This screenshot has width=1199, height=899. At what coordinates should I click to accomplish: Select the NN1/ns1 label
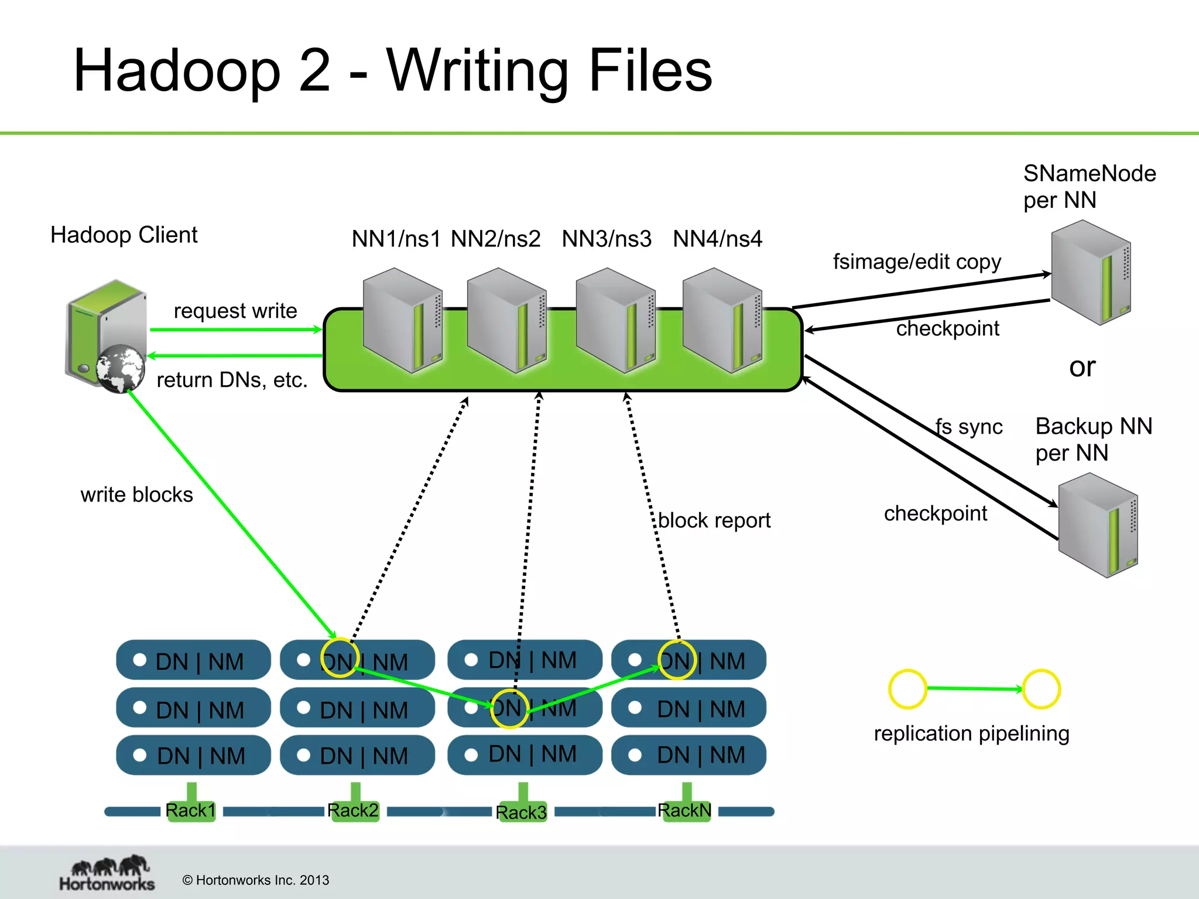(396, 239)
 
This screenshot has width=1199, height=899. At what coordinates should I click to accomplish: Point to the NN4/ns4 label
(718, 239)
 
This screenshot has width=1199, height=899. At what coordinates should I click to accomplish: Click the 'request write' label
(235, 310)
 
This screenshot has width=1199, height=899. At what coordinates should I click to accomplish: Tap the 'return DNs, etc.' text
(232, 380)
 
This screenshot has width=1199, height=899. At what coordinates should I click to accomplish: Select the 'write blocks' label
(136, 495)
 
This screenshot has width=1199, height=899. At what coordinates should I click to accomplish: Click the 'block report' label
(714, 520)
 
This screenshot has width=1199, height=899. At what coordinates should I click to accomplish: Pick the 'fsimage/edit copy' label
(917, 262)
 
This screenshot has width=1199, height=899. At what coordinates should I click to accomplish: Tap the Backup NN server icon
(1098, 525)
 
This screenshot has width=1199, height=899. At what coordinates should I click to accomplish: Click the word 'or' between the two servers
(1082, 367)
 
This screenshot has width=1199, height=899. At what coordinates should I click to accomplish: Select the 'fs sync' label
(970, 427)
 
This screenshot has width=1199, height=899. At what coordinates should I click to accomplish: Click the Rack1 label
(191, 811)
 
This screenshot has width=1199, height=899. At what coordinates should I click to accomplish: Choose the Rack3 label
(521, 812)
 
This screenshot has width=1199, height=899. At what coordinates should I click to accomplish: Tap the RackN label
(684, 811)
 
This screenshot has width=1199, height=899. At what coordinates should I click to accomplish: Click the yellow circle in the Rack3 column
(509, 709)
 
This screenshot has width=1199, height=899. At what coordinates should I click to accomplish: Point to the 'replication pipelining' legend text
(971, 733)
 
